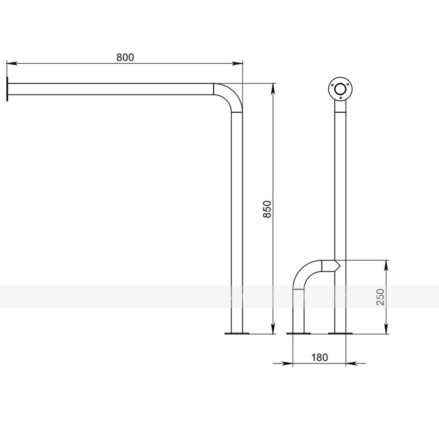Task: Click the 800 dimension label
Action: click(x=125, y=58)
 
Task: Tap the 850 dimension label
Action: click(x=267, y=209)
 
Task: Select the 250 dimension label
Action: click(x=381, y=297)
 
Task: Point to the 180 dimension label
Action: click(x=320, y=357)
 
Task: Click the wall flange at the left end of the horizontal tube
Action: click(x=7, y=89)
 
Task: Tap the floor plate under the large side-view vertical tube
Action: click(x=237, y=333)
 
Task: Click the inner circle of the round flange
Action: click(x=340, y=90)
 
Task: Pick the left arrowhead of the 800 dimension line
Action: click(x=11, y=64)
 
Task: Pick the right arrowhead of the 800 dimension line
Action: click(x=237, y=64)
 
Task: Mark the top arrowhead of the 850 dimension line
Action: click(x=273, y=89)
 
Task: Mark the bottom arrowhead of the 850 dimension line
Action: click(x=273, y=328)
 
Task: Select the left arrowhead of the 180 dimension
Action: click(x=287, y=363)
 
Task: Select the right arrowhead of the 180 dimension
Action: click(x=351, y=363)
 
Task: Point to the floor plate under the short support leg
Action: click(x=299, y=333)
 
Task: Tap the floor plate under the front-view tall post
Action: click(x=340, y=333)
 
